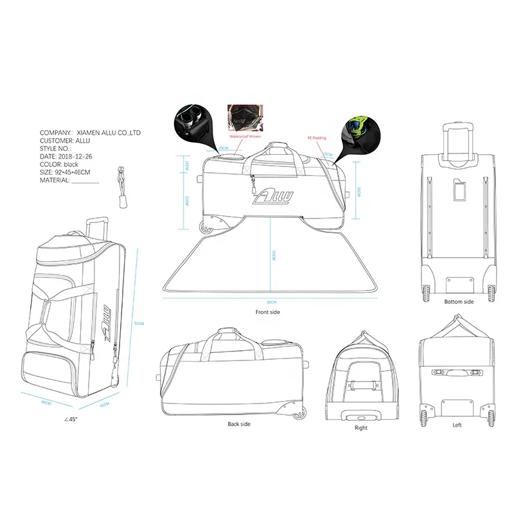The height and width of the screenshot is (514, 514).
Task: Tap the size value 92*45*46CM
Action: [75, 173]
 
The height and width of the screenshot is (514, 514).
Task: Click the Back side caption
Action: [239, 424]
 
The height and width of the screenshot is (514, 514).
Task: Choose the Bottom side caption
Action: [459, 301]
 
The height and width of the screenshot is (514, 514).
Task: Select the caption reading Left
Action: [457, 425]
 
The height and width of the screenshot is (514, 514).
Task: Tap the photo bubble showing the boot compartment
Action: [191, 123]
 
